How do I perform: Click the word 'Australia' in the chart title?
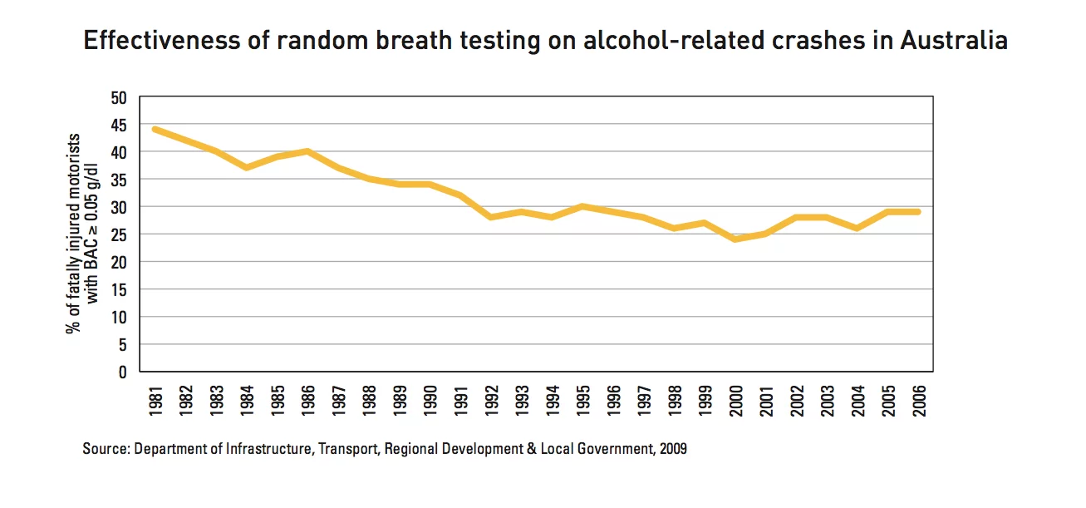point(954,41)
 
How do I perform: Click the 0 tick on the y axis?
point(122,372)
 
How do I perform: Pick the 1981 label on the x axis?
point(155,400)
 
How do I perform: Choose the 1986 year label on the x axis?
point(307,400)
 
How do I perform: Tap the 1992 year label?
point(491,400)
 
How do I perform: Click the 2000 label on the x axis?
point(735,400)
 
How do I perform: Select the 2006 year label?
point(918,400)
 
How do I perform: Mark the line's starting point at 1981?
point(155,130)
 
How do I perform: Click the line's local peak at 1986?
point(307,151)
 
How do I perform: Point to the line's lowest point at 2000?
point(735,239)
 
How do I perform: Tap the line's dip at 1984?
point(247,168)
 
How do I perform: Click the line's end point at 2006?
point(918,212)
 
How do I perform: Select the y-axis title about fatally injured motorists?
point(82,234)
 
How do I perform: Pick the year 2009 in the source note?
point(672,449)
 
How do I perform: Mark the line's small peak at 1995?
point(582,206)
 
